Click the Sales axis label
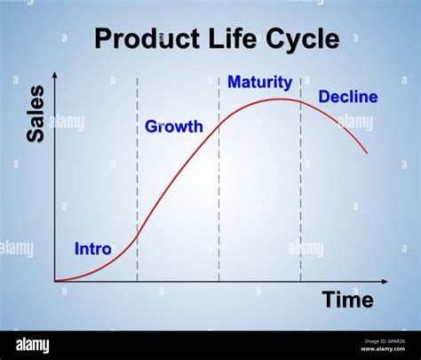(36, 114)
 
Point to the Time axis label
(347, 300)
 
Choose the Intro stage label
(92, 249)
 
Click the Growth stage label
(174, 127)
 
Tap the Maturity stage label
(259, 83)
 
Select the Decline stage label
(347, 97)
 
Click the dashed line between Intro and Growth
(137, 178)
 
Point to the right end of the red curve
(366, 153)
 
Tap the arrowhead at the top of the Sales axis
(55, 75)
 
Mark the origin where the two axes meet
(55, 282)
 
